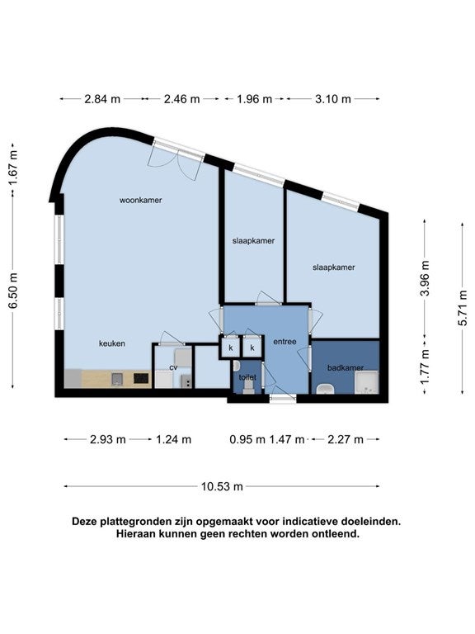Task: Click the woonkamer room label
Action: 140,200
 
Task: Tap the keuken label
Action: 112,343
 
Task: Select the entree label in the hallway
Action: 285,342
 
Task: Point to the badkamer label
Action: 346,368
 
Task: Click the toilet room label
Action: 247,377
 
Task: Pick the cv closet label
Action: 173,367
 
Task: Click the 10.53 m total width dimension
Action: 222,486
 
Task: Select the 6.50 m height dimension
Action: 14,291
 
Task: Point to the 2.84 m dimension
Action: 102,99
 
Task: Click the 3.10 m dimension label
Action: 333,99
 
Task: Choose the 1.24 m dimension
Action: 174,439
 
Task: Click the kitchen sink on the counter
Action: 117,378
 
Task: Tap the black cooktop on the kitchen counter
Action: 141,378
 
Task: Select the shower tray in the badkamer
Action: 367,383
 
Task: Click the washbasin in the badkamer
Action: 325,389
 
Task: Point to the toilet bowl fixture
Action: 248,386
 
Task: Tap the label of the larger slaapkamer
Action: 334,267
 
